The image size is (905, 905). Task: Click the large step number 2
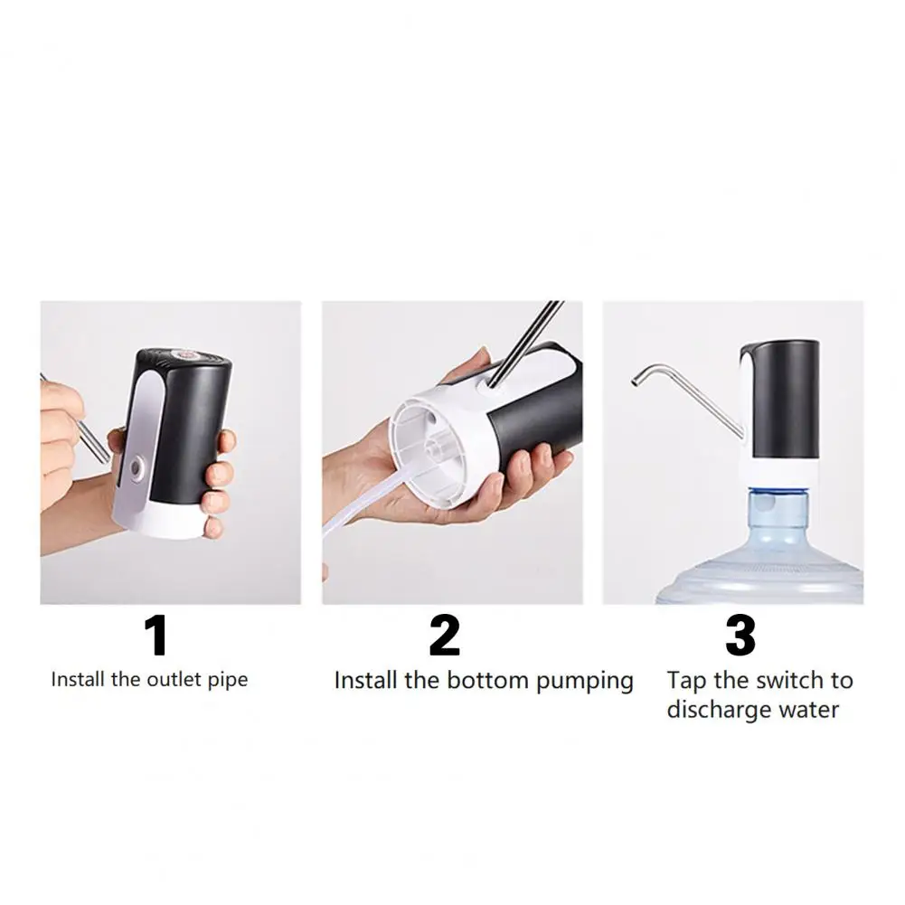(x=444, y=636)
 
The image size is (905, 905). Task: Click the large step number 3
(x=740, y=636)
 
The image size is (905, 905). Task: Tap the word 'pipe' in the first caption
(x=228, y=680)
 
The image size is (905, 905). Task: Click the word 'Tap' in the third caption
(x=686, y=680)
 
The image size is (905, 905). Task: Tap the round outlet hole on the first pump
(x=136, y=467)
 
